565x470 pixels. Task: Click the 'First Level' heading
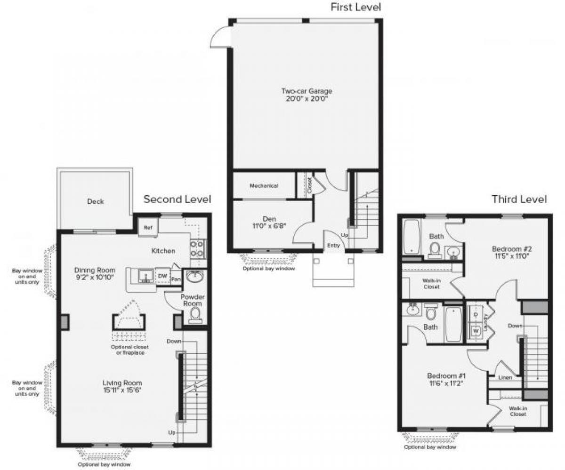click(x=355, y=7)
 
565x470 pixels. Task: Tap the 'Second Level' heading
click(x=177, y=199)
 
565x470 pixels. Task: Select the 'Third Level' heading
click(x=519, y=199)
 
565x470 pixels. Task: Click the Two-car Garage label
click(x=307, y=91)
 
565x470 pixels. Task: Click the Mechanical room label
click(x=264, y=186)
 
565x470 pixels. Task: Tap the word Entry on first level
click(x=333, y=246)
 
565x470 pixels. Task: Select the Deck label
click(x=96, y=202)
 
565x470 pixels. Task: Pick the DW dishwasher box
click(x=163, y=276)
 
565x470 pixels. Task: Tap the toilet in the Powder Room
click(x=195, y=314)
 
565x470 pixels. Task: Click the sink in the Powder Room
click(x=194, y=277)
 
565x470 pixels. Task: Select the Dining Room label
click(x=95, y=270)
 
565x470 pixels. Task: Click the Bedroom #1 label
click(x=446, y=376)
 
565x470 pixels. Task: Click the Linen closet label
click(x=505, y=377)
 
